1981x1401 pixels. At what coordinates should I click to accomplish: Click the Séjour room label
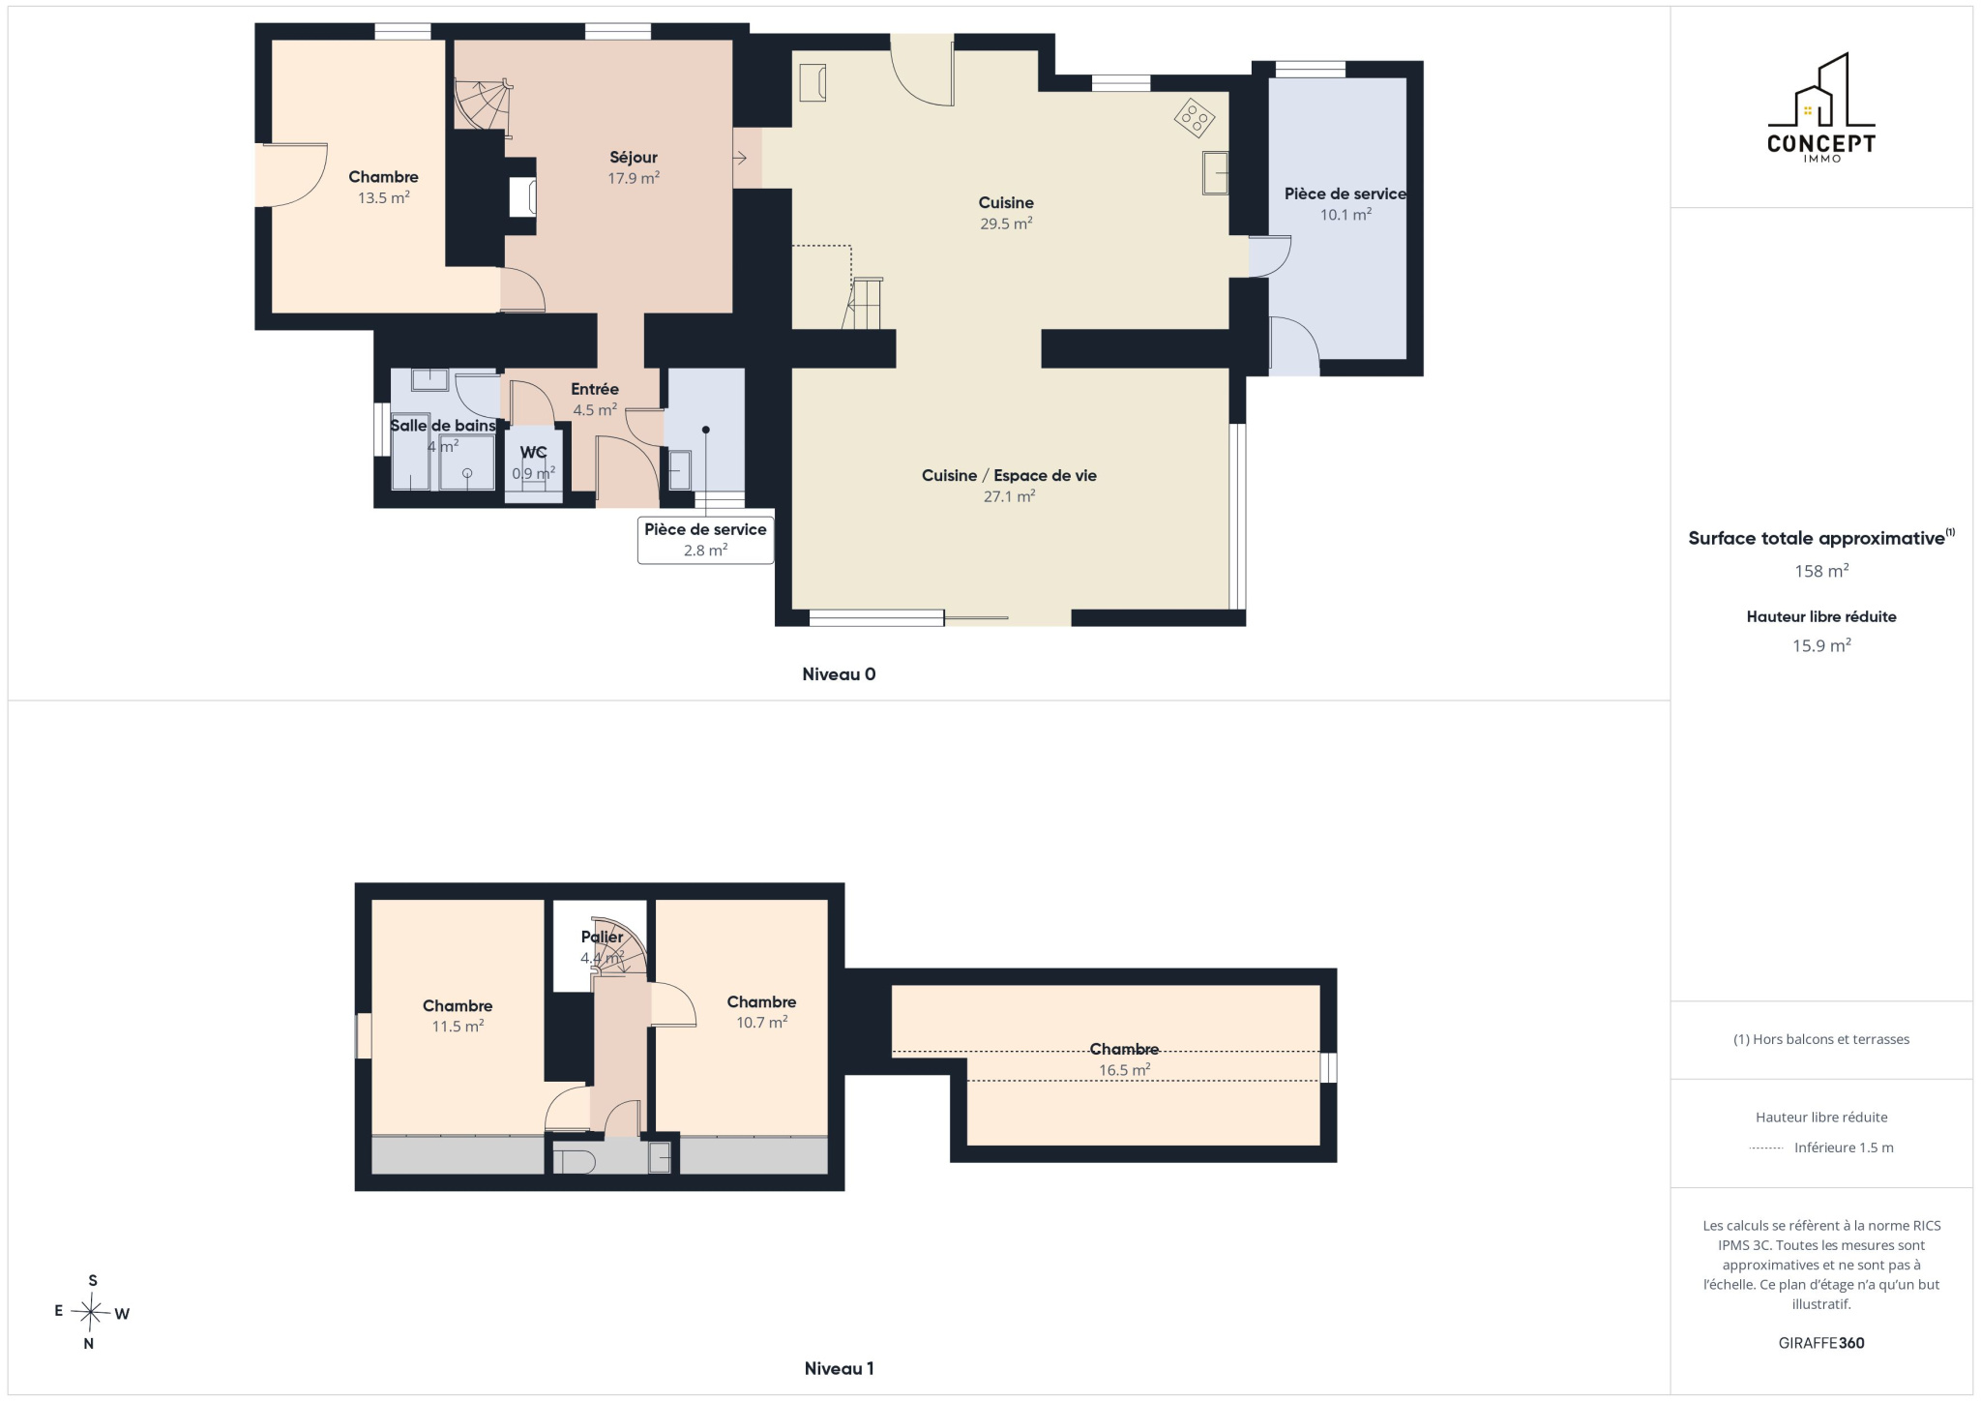click(634, 158)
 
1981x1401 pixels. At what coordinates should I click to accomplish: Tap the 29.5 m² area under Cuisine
click(1006, 224)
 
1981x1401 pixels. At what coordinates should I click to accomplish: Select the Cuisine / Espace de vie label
click(1009, 476)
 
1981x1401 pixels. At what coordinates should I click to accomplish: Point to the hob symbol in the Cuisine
click(1195, 118)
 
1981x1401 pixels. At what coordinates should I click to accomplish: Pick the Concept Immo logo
click(1821, 107)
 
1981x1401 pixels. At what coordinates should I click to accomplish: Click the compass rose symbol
click(92, 1312)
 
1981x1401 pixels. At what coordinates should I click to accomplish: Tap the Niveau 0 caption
click(839, 674)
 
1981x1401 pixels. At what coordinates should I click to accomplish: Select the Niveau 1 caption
click(839, 1368)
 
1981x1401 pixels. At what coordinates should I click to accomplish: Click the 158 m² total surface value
click(1821, 571)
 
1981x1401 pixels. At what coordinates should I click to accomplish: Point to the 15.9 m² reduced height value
click(1821, 645)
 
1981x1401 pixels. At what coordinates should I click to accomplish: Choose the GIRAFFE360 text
click(1821, 1343)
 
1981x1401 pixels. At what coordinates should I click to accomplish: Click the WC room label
click(533, 452)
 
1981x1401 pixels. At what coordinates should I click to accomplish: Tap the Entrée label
click(595, 389)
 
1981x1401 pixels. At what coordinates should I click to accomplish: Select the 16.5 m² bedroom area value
click(1124, 1070)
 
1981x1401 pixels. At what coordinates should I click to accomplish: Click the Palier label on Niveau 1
click(602, 937)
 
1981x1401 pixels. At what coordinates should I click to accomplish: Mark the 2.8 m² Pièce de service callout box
click(705, 540)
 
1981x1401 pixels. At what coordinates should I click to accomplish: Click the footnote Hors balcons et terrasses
click(1821, 1039)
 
